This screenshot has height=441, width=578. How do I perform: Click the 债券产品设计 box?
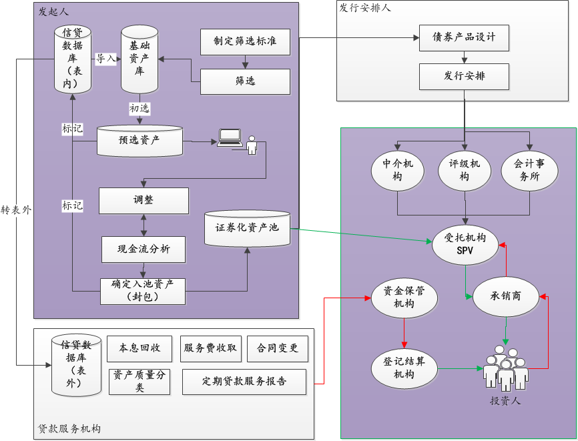tap(464, 37)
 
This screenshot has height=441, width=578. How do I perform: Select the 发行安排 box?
tap(464, 76)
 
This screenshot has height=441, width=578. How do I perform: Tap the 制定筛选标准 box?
tap(246, 41)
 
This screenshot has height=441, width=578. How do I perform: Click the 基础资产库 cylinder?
tap(139, 59)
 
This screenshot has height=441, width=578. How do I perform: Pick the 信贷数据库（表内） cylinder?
tap(72, 58)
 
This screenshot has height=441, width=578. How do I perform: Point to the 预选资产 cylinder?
tap(139, 141)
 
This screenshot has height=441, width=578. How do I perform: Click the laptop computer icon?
tap(229, 137)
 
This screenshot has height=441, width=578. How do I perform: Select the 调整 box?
tap(143, 200)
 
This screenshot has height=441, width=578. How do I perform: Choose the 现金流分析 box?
tap(143, 249)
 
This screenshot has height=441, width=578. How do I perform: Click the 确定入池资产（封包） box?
tap(143, 290)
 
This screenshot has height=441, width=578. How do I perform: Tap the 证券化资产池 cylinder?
tap(247, 228)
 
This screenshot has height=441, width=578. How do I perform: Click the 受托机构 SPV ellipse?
tap(465, 244)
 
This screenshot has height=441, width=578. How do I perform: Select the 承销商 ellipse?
tap(506, 296)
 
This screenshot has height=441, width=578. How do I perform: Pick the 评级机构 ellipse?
tap(464, 172)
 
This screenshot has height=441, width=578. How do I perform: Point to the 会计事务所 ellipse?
tap(529, 172)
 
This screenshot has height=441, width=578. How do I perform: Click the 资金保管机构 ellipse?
tap(403, 298)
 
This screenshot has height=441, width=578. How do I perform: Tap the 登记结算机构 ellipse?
tap(403, 368)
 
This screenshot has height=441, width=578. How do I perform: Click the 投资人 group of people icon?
tap(505, 367)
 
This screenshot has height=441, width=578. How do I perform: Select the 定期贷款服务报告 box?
tap(244, 382)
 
